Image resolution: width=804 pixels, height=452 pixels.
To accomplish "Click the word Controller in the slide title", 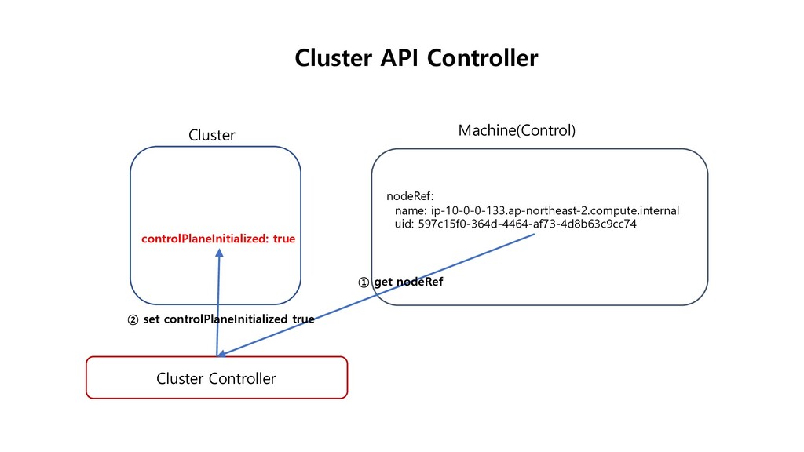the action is (x=483, y=58).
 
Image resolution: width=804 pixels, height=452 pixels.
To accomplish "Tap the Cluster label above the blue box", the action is (x=212, y=135).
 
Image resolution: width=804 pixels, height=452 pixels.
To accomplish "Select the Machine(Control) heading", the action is (x=517, y=130).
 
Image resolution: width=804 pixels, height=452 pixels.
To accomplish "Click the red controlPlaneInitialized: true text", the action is (x=218, y=239).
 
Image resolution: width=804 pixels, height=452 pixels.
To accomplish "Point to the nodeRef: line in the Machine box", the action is (x=410, y=196).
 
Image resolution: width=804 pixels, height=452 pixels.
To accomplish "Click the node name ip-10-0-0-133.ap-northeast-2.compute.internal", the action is (x=555, y=210).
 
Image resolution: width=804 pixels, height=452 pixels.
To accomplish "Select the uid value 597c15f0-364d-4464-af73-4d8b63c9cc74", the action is (x=527, y=224).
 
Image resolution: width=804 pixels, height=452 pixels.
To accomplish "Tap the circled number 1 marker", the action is (x=364, y=282).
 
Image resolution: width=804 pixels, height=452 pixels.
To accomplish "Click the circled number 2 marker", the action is (x=133, y=320).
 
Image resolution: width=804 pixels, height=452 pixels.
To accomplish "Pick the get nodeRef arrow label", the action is (x=408, y=282).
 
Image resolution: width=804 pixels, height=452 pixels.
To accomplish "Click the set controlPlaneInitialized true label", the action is (x=228, y=319).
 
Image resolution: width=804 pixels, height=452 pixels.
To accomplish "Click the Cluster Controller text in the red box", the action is (x=216, y=378).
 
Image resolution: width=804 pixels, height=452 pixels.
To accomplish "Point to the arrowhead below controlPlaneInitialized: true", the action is (x=220, y=253).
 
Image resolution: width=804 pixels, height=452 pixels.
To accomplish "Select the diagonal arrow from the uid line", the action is (x=376, y=295).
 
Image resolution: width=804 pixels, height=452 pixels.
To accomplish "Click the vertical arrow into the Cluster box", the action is (x=218, y=302).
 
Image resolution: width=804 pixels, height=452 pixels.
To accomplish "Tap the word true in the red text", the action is (x=284, y=239).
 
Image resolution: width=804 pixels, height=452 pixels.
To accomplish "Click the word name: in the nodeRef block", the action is (x=411, y=210).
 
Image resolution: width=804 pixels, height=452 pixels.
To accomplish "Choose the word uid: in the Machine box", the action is (x=404, y=224).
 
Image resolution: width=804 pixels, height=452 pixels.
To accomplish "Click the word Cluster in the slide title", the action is (x=334, y=58).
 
